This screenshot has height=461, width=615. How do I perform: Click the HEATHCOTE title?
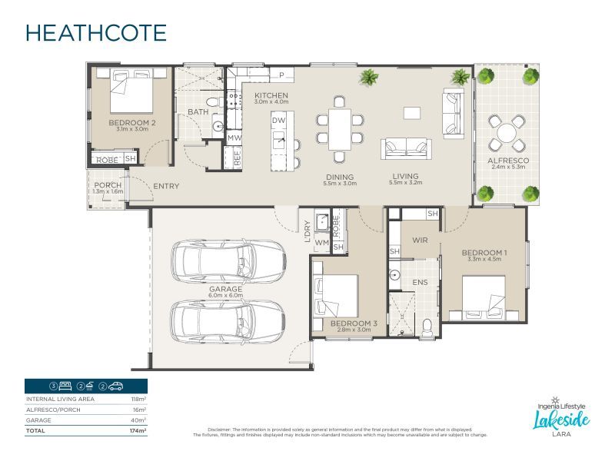point(96,33)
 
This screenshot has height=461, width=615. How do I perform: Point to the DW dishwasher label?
point(279,121)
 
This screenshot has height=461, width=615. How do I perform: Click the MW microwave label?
point(234,138)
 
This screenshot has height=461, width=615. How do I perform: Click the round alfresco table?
point(507,134)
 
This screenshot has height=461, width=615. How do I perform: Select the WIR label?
point(420,240)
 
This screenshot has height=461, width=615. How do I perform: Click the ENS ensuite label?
point(420,282)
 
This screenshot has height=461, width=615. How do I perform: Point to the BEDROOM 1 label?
point(484,253)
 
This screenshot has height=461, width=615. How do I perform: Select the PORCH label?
point(107,186)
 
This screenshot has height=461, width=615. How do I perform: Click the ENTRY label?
point(167,186)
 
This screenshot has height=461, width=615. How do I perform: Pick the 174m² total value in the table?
point(138,432)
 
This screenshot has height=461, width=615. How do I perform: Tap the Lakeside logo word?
point(561,419)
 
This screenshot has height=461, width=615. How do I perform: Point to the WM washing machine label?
point(322,244)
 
